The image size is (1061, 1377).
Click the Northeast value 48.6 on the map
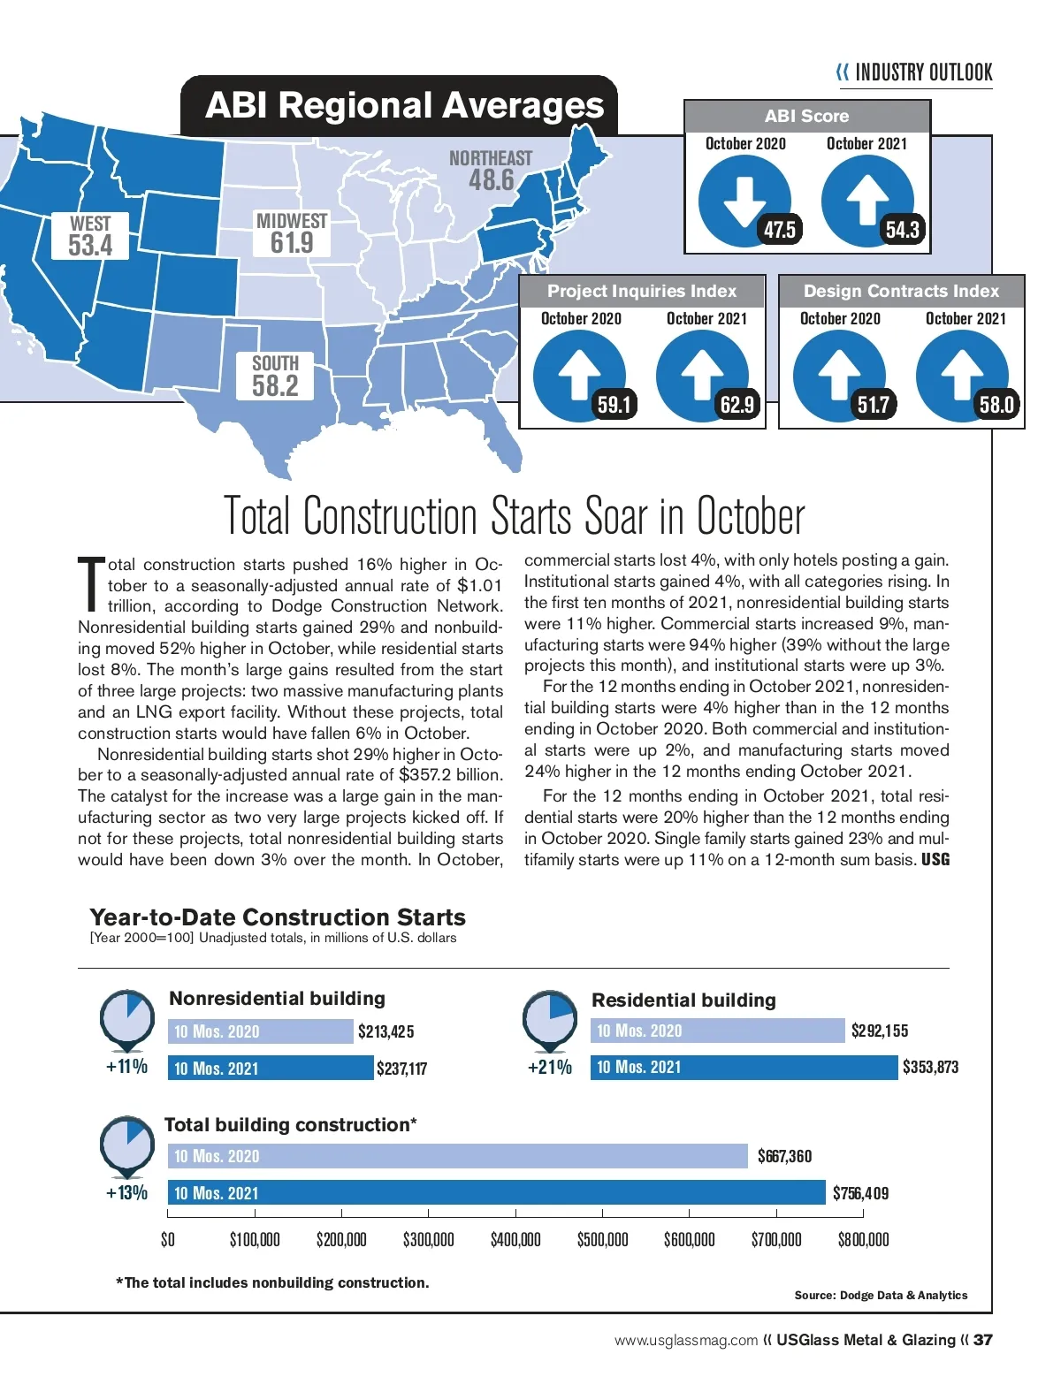coord(491,180)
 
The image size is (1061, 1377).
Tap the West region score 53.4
coord(90,245)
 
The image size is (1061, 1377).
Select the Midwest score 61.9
coord(292,242)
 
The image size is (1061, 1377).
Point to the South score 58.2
coord(275,385)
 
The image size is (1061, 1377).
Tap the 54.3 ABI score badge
coord(902,231)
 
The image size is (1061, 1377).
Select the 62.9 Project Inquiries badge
coord(737,405)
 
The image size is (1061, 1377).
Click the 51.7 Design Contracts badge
coord(873,405)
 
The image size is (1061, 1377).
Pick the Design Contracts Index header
coord(901,291)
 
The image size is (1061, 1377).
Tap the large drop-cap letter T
coord(91,584)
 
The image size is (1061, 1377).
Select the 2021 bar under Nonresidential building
coord(271,1069)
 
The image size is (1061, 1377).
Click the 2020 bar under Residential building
coord(717,1031)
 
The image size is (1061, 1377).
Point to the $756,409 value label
coord(860,1193)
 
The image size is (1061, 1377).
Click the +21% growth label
coord(549,1068)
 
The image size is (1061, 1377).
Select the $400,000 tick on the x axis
coord(515,1239)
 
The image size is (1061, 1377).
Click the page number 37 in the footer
coord(982,1340)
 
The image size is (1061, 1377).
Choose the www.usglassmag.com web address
coord(686,1340)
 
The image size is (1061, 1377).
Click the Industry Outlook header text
coord(923,72)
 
